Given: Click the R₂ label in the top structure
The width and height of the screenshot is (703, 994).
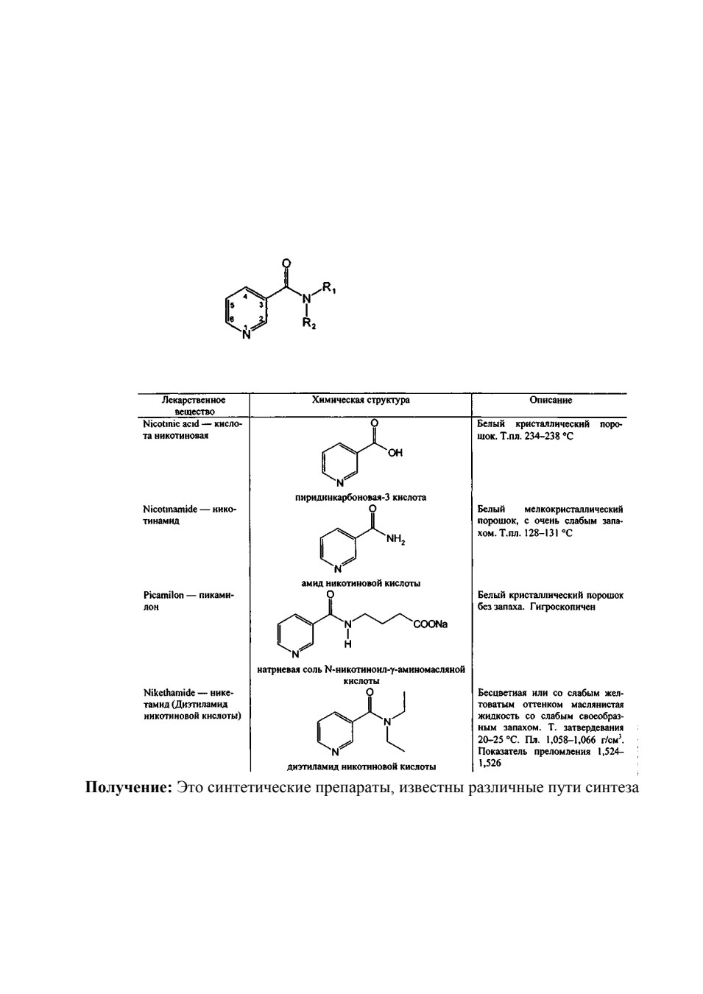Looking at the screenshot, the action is point(310,323).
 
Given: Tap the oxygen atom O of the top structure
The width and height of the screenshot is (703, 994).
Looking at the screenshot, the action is point(286,264).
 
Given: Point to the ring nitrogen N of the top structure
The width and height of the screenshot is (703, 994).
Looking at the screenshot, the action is point(247,336).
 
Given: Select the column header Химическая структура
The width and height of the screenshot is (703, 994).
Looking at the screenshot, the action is point(361,401).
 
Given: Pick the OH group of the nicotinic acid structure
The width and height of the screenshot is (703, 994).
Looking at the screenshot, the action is point(395,453).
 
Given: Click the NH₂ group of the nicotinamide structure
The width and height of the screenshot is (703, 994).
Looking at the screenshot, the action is point(395,540).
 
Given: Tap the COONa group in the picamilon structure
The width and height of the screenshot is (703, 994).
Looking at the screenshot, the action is point(430,624).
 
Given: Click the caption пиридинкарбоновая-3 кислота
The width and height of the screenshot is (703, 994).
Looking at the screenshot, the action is point(361,498).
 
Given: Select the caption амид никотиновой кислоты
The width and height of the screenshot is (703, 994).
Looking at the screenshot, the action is point(361,584).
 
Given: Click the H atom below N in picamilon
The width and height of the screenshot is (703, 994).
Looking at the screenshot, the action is point(347,644).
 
